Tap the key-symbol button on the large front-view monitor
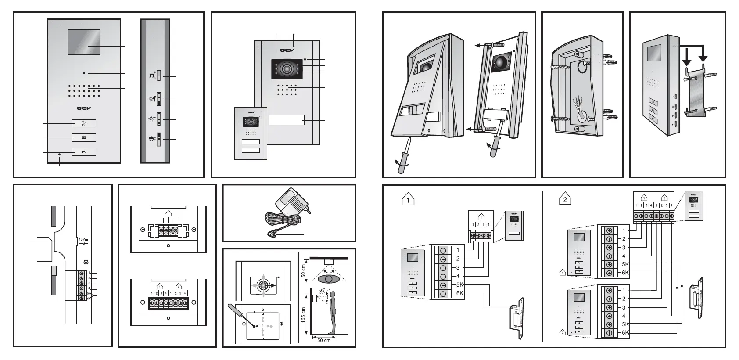84,152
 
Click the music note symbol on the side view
151,76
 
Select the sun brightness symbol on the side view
151,119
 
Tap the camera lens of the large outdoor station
287,69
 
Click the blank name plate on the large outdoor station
287,120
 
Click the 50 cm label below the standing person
324,341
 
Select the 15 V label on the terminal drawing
82,239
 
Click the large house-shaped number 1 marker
409,199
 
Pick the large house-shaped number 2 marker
565,199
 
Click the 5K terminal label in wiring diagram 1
459,284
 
